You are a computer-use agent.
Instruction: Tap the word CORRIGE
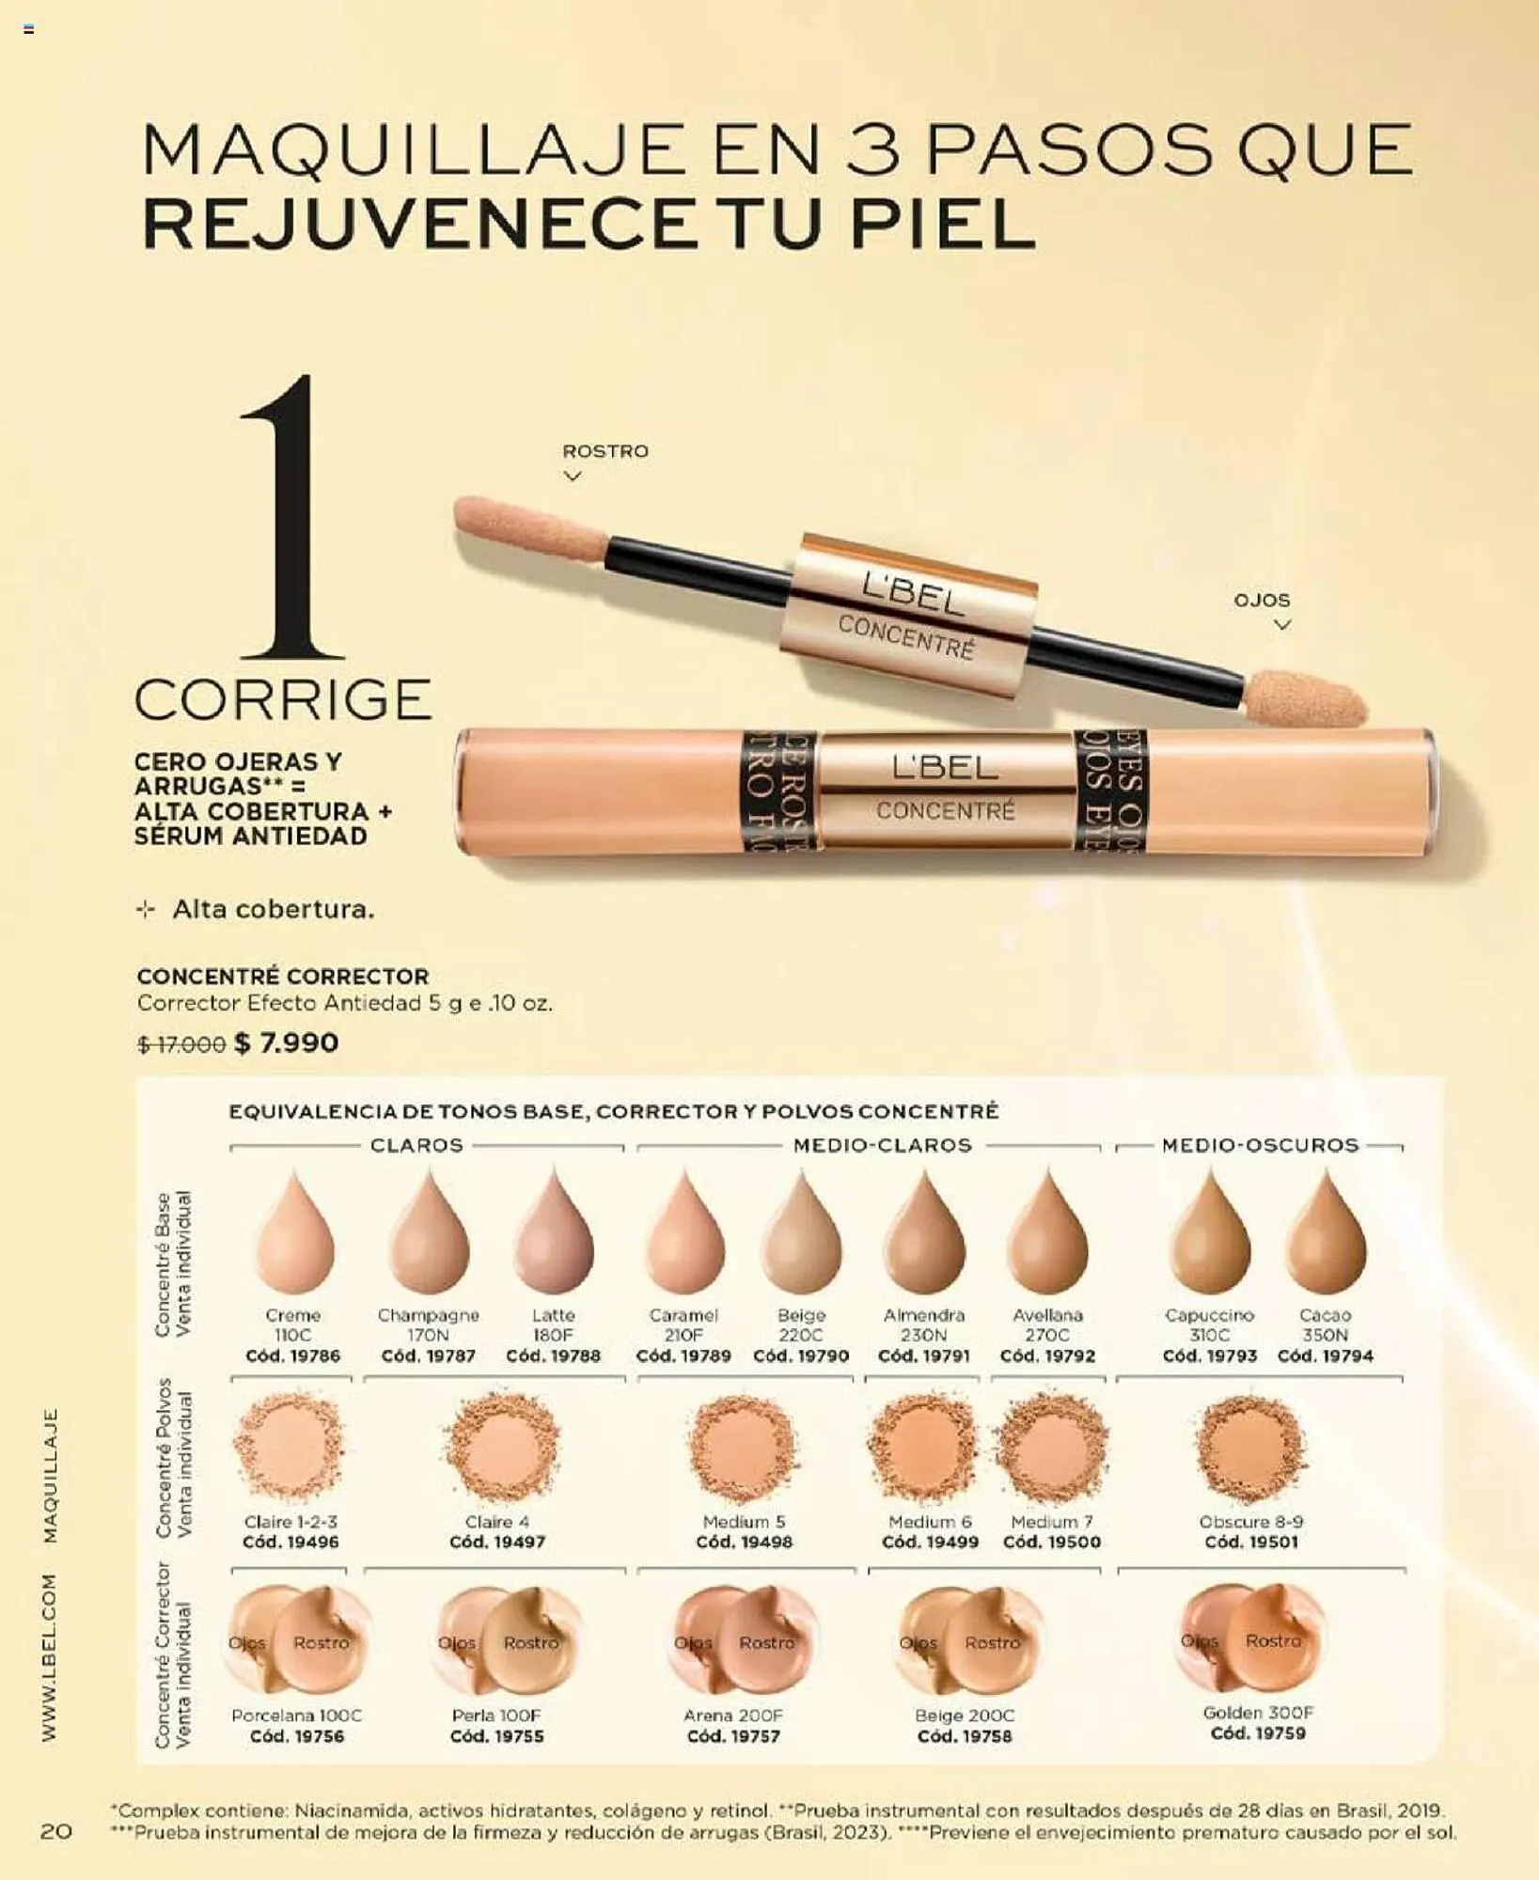[x=283, y=699]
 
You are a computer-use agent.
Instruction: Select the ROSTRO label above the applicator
[x=605, y=451]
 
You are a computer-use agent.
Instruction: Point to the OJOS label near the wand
[x=1262, y=600]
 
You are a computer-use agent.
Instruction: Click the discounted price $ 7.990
[x=286, y=1042]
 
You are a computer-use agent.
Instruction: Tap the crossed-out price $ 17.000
[x=181, y=1044]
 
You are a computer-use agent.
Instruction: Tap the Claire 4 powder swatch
[x=502, y=1448]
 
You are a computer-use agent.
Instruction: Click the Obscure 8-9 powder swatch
[x=1250, y=1448]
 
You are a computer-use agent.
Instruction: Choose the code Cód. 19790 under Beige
[x=801, y=1355]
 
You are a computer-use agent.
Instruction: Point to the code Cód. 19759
[x=1258, y=1732]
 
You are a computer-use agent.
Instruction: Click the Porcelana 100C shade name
[x=297, y=1715]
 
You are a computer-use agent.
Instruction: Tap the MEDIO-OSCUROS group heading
[x=1260, y=1145]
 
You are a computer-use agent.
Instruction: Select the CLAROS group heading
[x=416, y=1145]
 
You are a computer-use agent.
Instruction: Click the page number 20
[x=56, y=1830]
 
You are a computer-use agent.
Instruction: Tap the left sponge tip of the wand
[x=529, y=529]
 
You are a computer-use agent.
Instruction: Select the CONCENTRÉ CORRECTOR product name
[x=283, y=976]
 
